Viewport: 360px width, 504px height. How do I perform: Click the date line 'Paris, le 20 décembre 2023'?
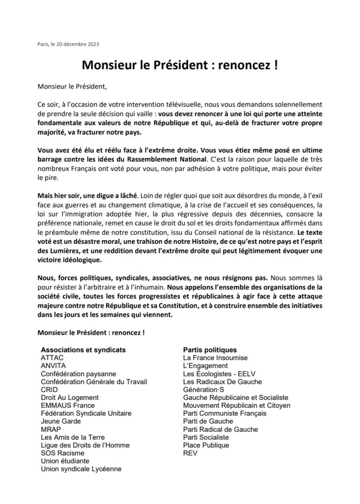68,44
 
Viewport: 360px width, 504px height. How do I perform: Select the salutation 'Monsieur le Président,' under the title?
72,87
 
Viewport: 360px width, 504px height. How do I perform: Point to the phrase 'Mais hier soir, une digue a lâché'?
88,196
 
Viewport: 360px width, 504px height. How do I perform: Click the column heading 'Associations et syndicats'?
83,350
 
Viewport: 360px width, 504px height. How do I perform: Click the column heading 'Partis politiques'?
210,350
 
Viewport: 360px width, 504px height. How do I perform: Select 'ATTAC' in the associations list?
52,358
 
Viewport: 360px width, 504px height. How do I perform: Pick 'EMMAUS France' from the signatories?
68,405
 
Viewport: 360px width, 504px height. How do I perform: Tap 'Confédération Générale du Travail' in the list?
94,382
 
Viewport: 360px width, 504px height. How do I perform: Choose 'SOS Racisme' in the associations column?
63,453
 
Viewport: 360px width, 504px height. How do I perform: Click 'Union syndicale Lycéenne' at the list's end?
81,469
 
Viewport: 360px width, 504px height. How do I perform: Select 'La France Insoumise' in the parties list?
215,358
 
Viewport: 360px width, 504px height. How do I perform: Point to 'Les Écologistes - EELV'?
219,374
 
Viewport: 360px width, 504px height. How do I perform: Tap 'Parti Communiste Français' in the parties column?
224,413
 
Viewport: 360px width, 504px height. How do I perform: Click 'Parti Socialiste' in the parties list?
206,437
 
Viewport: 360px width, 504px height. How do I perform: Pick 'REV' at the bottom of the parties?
190,453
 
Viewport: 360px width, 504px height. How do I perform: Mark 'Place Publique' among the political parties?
206,445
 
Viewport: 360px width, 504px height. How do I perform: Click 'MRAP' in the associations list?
51,429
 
